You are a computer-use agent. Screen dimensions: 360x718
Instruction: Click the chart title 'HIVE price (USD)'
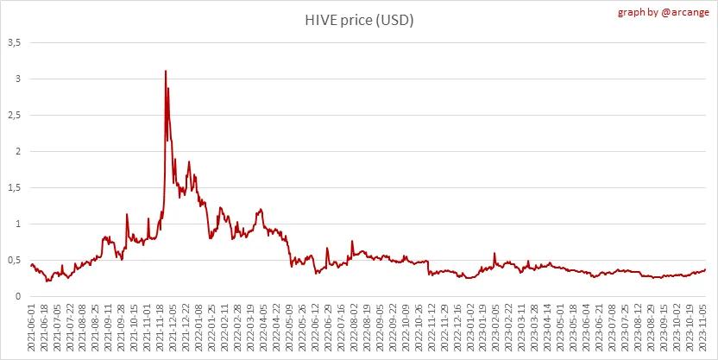tap(357, 21)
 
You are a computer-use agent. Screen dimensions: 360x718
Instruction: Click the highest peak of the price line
tap(165, 71)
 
